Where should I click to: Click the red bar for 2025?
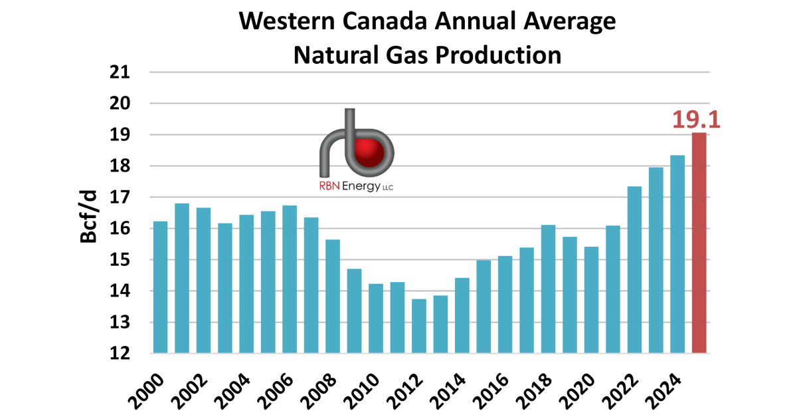[x=699, y=243]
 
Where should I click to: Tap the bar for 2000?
[x=160, y=287]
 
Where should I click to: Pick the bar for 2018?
[x=549, y=289]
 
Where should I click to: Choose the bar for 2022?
[x=635, y=269]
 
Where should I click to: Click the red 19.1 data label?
[x=696, y=119]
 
